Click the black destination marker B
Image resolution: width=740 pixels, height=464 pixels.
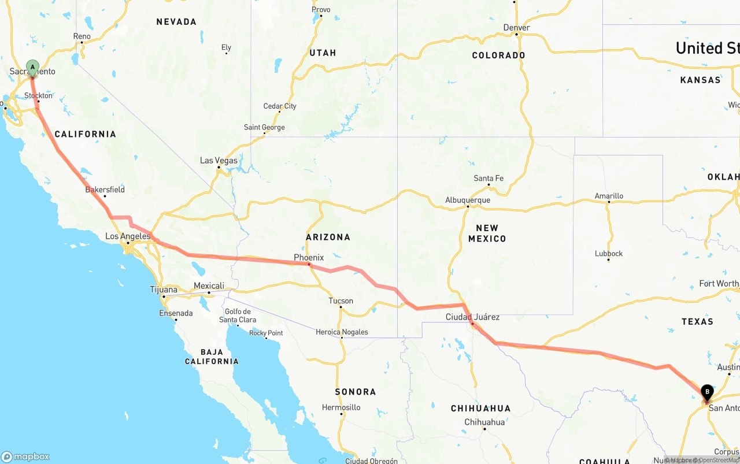[706, 393]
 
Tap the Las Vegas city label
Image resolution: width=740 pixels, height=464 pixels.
[219, 160]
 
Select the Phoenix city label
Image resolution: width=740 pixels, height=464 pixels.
[309, 257]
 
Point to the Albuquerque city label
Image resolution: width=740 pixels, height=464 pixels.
[467, 200]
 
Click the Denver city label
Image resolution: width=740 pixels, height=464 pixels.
[516, 27]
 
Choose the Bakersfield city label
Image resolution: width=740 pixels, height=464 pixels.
[105, 190]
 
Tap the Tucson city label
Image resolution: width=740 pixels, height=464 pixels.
[341, 300]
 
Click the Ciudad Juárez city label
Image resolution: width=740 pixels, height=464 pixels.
[472, 317]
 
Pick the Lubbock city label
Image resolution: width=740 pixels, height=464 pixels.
[609, 253]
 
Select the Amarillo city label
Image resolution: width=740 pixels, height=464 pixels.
[609, 196]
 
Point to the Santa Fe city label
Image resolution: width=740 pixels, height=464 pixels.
[489, 178]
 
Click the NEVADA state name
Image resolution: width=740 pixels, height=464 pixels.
[176, 22]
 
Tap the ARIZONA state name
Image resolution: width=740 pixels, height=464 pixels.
[328, 237]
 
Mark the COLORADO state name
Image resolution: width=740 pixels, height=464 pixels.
[498, 55]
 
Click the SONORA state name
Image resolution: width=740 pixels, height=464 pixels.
[355, 392]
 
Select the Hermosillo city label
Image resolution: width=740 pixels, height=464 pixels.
[341, 407]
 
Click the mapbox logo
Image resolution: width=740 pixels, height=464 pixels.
[25, 456]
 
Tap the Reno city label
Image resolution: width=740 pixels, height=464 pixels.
[82, 36]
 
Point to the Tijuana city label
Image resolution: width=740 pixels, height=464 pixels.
[164, 289]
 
